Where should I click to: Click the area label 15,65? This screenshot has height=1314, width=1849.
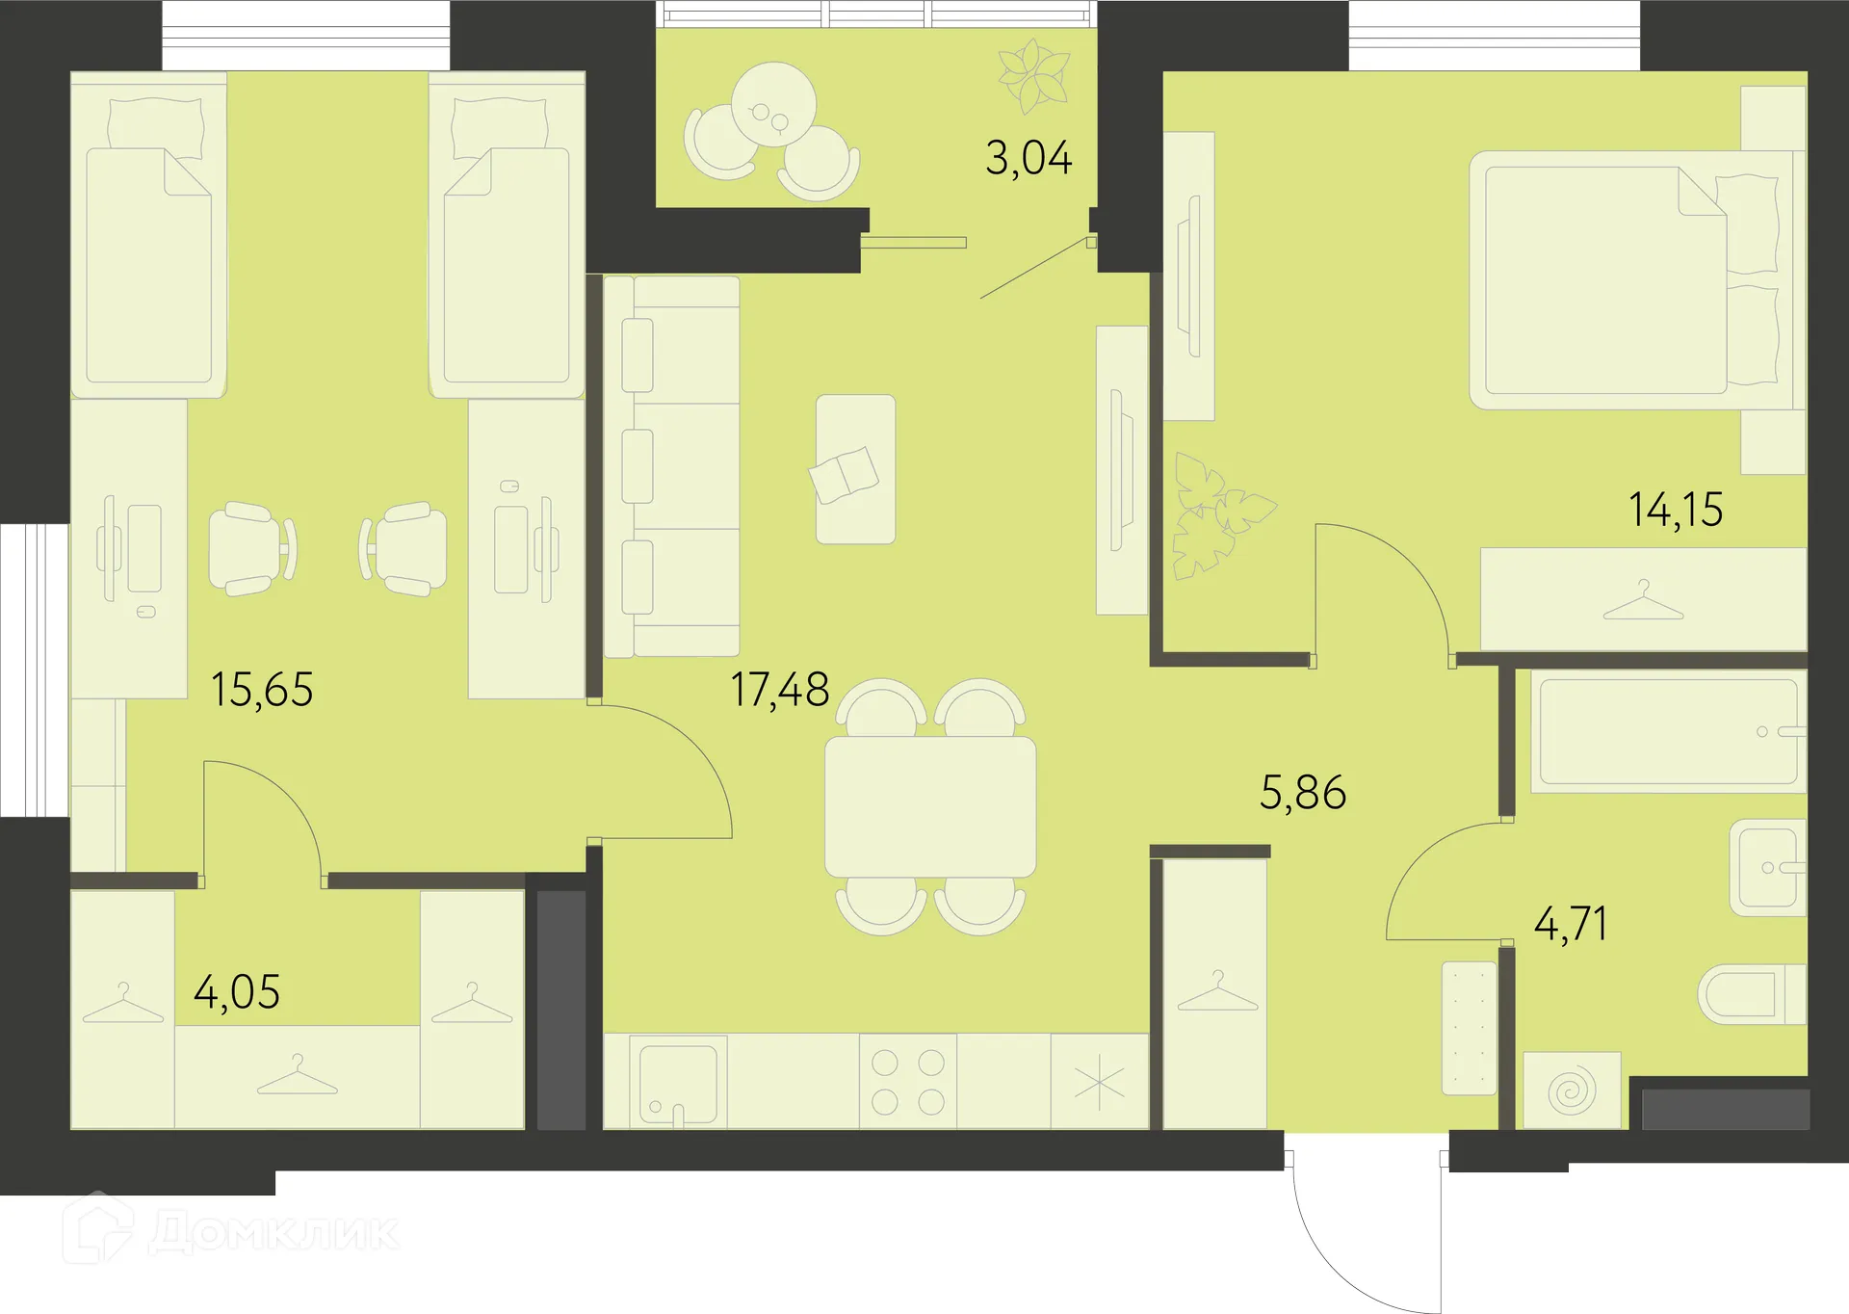(x=262, y=690)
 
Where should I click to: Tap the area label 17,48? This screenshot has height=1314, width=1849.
(x=780, y=690)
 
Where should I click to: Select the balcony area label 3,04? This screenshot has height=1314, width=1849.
(x=1029, y=159)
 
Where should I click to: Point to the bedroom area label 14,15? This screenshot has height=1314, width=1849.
(x=1676, y=510)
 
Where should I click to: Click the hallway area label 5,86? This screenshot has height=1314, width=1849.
(x=1303, y=793)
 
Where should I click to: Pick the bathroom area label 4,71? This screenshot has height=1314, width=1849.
(x=1571, y=924)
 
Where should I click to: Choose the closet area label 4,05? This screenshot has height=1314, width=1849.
(x=237, y=992)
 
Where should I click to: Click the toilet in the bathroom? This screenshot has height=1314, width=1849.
(x=1748, y=994)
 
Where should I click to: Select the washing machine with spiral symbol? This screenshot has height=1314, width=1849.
(x=1572, y=1091)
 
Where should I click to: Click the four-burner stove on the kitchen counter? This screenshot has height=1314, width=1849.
(x=908, y=1082)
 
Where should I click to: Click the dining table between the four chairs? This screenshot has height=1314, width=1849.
(x=930, y=807)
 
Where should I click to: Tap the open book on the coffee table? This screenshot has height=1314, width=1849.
(x=845, y=473)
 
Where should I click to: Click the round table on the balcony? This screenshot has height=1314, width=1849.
(x=773, y=104)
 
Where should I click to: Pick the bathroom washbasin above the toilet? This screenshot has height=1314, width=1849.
(x=1767, y=867)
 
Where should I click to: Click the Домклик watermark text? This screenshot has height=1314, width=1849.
(x=274, y=1232)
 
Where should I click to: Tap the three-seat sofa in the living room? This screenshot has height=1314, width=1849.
(x=672, y=466)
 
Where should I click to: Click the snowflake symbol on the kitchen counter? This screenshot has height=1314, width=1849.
(x=1099, y=1084)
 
